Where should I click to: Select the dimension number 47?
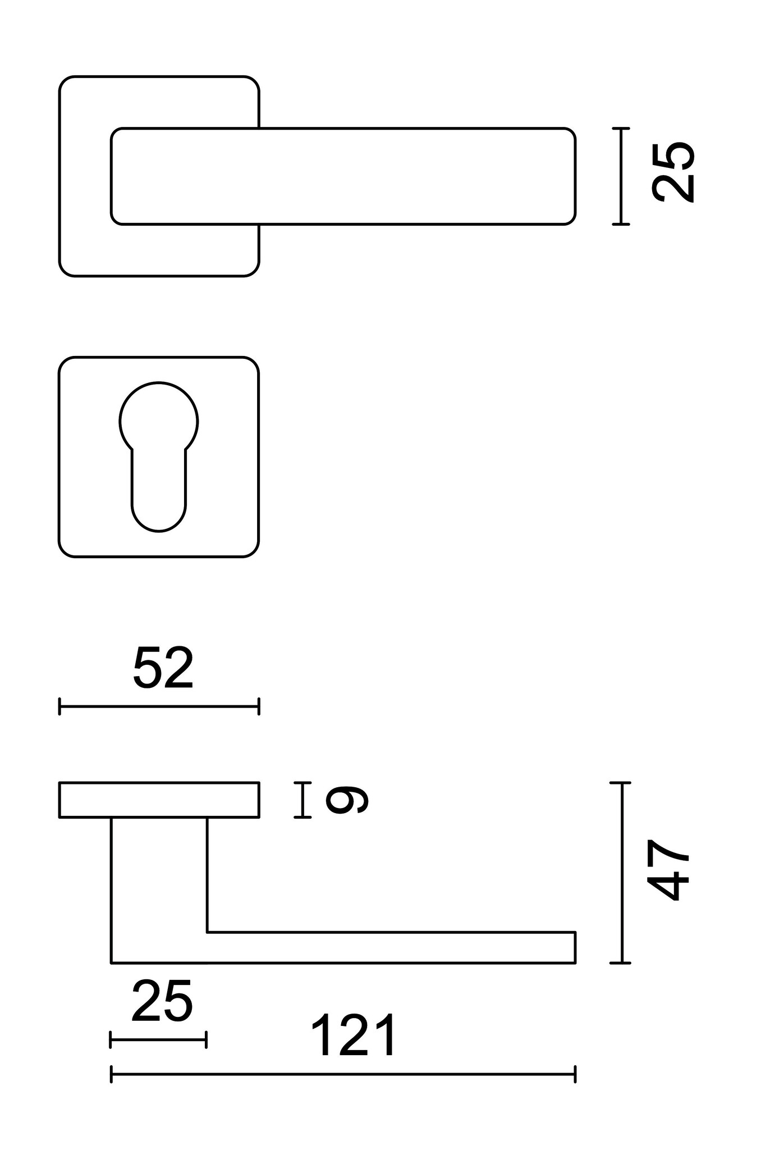[668, 870]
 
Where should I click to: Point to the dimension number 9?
[347, 800]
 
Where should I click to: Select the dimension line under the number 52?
[159, 706]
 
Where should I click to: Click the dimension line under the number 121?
[343, 1074]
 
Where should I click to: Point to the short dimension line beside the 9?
[302, 800]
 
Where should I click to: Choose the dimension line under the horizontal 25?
[158, 1039]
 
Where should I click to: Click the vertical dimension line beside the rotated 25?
[621, 176]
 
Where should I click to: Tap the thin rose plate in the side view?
[159, 800]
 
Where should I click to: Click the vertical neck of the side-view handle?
[159, 876]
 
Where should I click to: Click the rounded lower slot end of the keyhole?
[159, 514]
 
